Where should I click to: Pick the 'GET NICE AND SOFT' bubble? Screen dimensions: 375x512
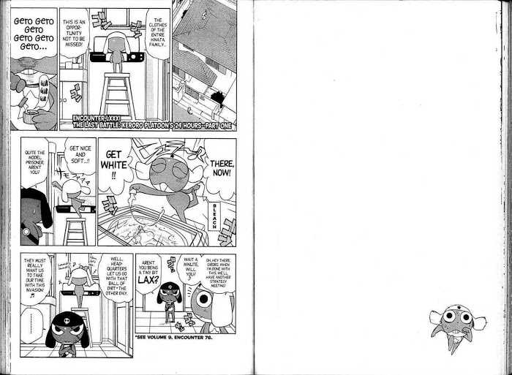(78, 158)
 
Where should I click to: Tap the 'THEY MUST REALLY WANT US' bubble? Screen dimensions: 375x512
(37, 272)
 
